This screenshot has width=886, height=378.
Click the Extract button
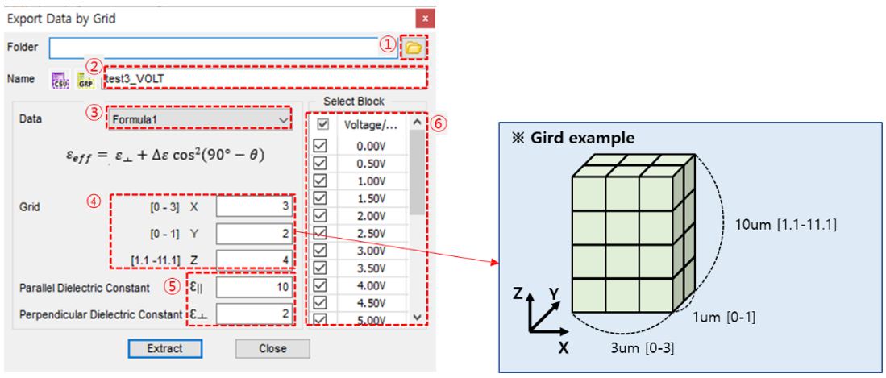coord(164,348)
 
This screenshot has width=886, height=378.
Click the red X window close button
coord(426,16)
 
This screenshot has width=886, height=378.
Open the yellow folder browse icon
coord(413,48)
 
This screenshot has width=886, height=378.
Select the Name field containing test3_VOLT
coord(266,78)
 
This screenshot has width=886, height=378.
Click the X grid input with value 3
coord(254,206)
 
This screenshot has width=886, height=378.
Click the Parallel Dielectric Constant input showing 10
coord(254,288)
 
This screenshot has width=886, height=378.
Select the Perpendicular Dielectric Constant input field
coord(254,314)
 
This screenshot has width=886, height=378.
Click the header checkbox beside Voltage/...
coord(322,125)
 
